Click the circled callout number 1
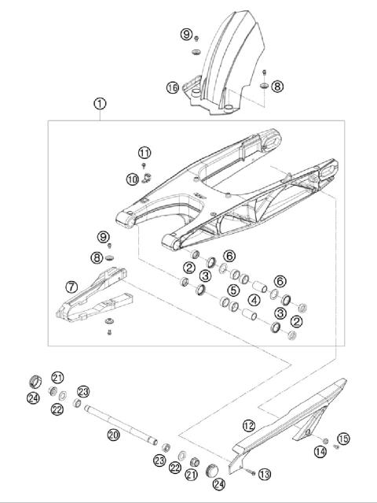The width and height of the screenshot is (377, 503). [x=99, y=103]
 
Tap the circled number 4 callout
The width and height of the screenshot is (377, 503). [x=254, y=300]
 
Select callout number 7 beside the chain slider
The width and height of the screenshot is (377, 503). [x=71, y=287]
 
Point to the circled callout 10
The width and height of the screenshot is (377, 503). [x=131, y=179]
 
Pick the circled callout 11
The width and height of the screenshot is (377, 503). [x=144, y=152]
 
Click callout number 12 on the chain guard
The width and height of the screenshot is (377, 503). [x=248, y=425]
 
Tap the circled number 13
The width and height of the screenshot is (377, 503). [x=264, y=473]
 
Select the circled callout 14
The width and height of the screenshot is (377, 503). [x=320, y=452]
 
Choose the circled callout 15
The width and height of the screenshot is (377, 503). [x=342, y=438]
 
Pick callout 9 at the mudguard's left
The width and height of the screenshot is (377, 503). [x=185, y=34]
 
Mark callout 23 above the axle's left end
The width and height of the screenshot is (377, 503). [x=84, y=390]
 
